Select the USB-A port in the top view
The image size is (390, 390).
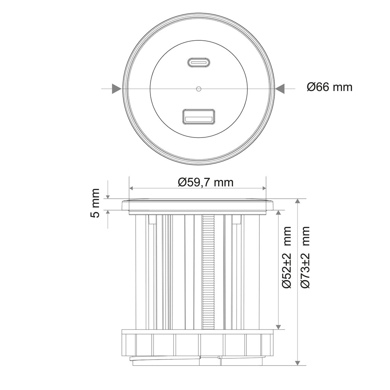(x=198, y=117)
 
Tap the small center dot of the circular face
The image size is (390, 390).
(x=198, y=88)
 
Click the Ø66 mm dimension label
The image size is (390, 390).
(x=329, y=87)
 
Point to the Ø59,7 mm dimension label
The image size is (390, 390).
(x=206, y=182)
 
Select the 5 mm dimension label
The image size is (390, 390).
(x=95, y=203)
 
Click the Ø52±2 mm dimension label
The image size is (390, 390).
(x=287, y=257)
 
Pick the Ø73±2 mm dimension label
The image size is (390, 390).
(x=305, y=257)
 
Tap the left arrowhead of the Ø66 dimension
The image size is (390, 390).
(x=117, y=88)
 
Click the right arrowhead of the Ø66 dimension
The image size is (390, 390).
(x=280, y=88)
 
